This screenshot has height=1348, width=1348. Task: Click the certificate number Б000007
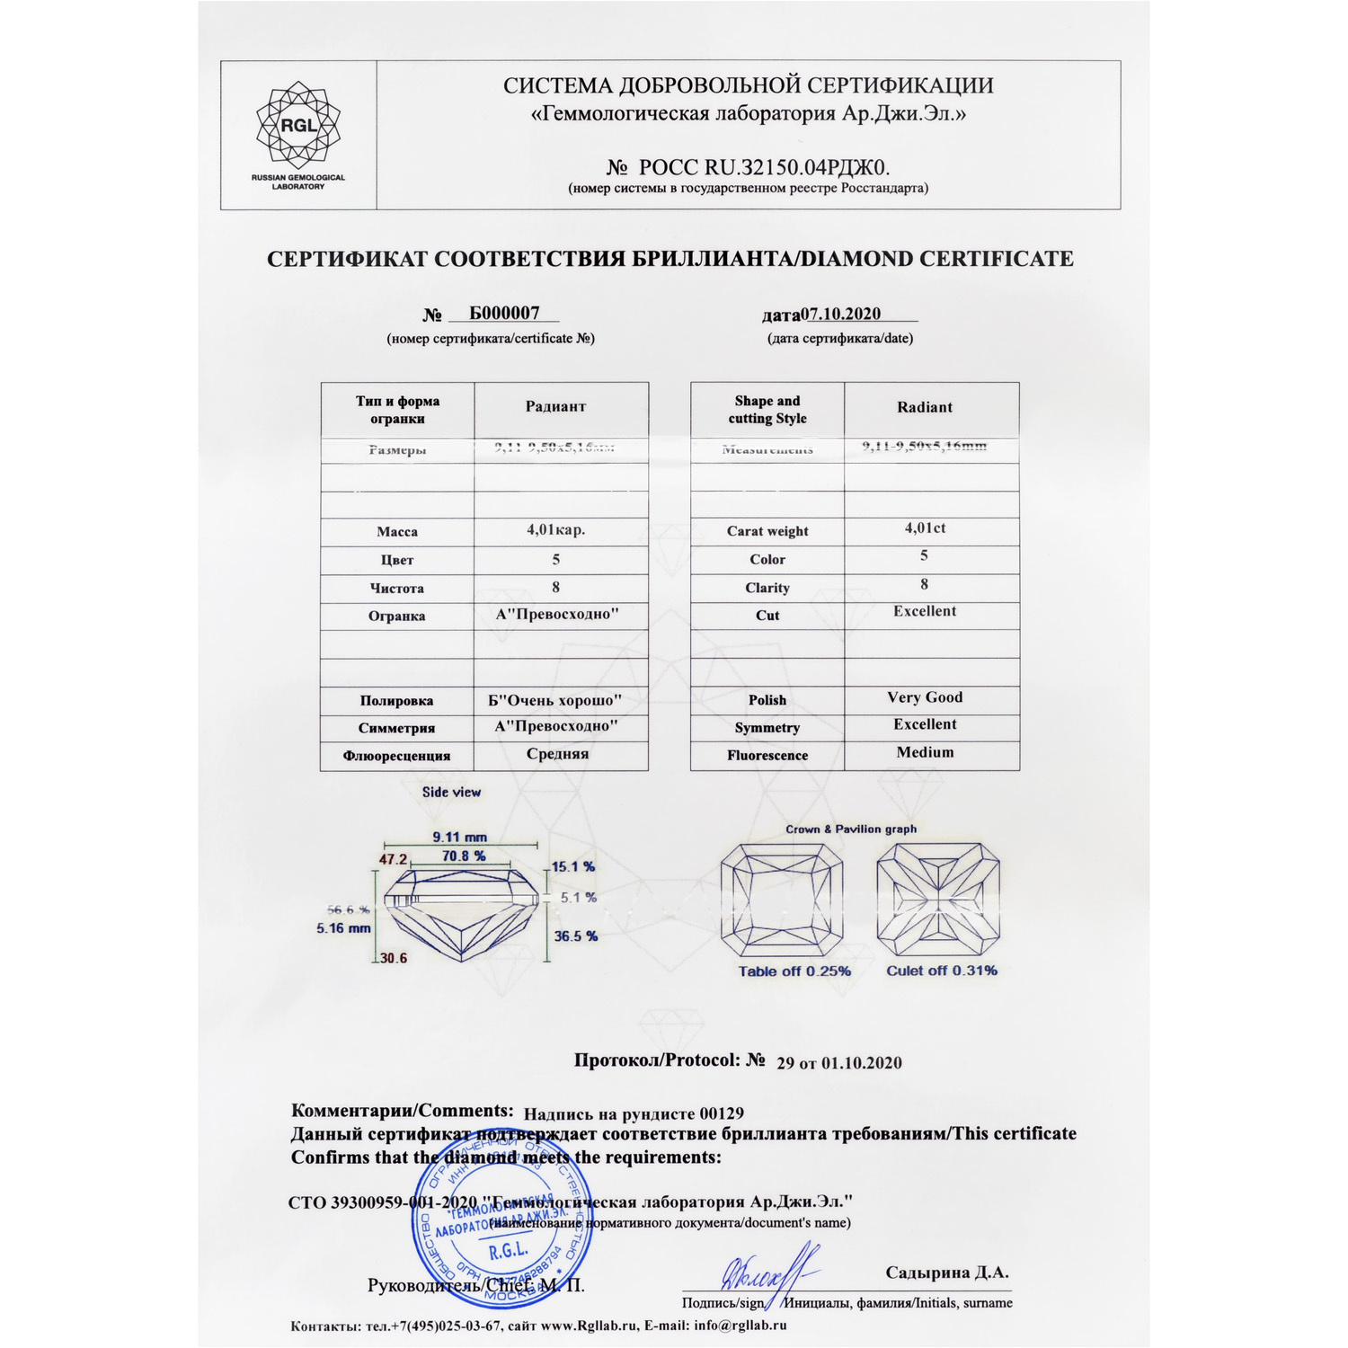[504, 313]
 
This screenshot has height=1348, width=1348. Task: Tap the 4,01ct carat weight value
[925, 528]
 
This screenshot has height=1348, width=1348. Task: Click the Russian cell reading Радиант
[555, 407]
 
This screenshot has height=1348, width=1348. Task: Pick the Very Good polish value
[925, 697]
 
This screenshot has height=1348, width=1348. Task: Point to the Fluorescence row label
[767, 756]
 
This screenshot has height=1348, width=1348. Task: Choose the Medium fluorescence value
[925, 752]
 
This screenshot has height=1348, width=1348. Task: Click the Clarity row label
[767, 588]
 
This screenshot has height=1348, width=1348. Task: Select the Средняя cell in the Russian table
[557, 754]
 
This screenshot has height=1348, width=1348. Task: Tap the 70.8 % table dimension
[464, 856]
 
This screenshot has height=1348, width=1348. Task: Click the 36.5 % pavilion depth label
[575, 936]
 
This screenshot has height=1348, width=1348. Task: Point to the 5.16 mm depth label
[343, 928]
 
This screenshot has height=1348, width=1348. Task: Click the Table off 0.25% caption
[794, 971]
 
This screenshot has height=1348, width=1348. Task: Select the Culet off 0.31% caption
[942, 971]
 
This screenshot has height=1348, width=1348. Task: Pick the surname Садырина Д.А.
[947, 1273]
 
